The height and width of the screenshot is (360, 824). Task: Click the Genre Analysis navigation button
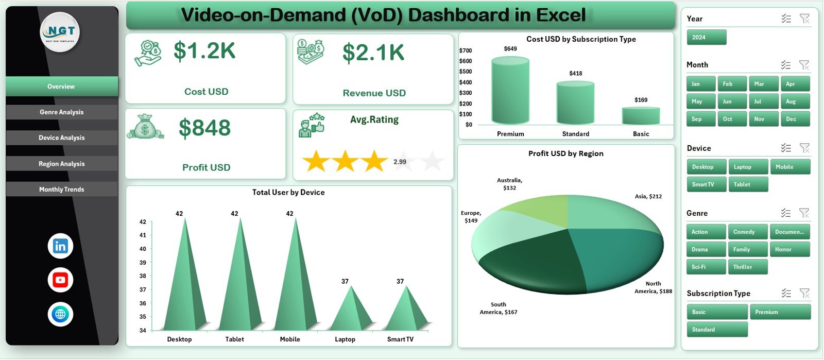pyautogui.click(x=62, y=112)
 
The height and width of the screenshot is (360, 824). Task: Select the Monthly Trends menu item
pyautogui.click(x=62, y=190)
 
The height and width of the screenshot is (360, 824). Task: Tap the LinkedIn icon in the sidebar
pyautogui.click(x=60, y=246)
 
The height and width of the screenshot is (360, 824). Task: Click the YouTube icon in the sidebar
pyautogui.click(x=60, y=280)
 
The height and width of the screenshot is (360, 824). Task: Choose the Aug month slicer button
pyautogui.click(x=795, y=101)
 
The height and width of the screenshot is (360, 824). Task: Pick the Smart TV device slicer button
pyautogui.click(x=706, y=184)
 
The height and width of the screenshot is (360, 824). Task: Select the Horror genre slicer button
pyautogui.click(x=789, y=249)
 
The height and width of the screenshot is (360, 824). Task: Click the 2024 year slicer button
pyautogui.click(x=706, y=38)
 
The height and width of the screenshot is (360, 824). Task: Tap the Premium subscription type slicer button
pyautogui.click(x=780, y=312)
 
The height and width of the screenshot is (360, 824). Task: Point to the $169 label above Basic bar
pyautogui.click(x=641, y=100)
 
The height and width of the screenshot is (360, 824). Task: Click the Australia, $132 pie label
pyautogui.click(x=509, y=184)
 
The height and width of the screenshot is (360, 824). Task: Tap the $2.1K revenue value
pyautogui.click(x=373, y=53)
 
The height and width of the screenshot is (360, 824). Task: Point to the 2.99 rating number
pyautogui.click(x=400, y=162)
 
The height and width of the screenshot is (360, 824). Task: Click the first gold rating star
pyautogui.click(x=316, y=162)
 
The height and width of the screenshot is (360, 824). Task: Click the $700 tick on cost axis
pyautogui.click(x=465, y=50)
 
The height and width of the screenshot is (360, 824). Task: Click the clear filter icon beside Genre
pyautogui.click(x=804, y=213)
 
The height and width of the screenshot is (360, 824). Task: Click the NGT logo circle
pyautogui.click(x=60, y=32)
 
